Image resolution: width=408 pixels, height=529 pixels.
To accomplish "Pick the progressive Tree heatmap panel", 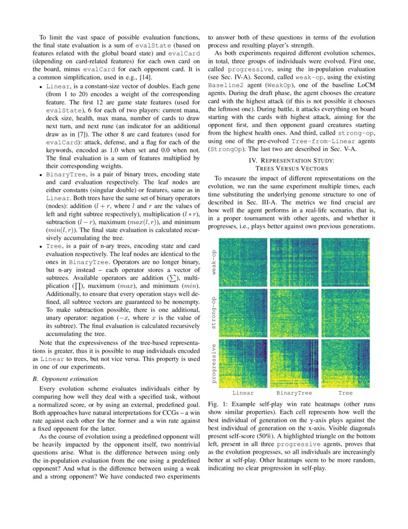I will click(345, 363).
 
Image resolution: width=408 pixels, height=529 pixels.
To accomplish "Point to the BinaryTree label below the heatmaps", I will click(294, 393).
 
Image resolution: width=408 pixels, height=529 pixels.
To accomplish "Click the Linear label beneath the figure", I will click(243, 393).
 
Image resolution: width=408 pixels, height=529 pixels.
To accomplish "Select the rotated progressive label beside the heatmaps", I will click(213, 363).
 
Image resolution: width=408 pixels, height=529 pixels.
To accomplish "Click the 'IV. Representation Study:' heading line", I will click(292, 160).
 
